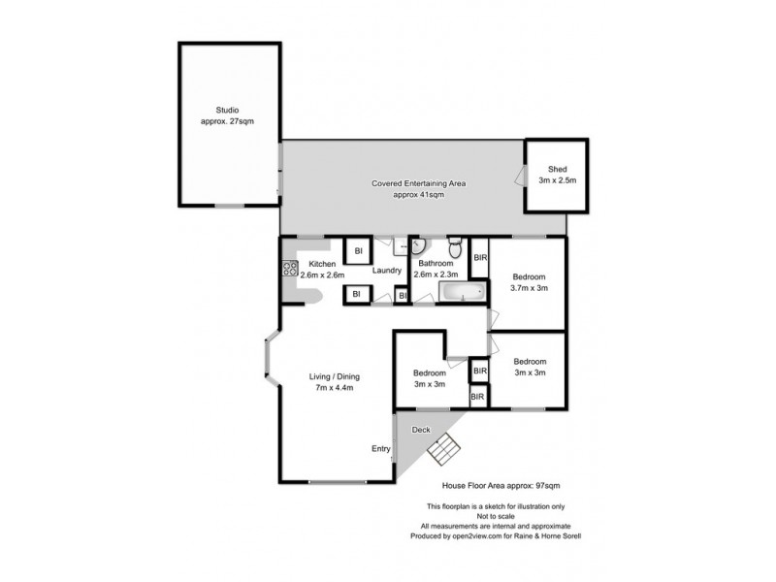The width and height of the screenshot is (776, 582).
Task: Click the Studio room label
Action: [227, 110]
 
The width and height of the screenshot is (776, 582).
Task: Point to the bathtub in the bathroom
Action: [463, 292]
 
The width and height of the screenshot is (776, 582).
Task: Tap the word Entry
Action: [381, 448]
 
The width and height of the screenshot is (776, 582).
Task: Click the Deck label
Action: [421, 428]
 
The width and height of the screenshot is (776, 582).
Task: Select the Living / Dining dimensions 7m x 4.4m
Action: [331, 388]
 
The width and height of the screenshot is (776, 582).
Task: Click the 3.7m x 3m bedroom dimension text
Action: [530, 288]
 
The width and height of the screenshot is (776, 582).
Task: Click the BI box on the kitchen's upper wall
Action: [357, 250]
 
